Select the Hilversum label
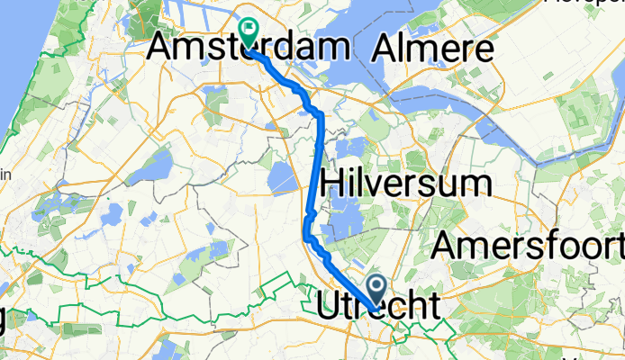[x=406, y=184]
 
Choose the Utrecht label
[x=381, y=306]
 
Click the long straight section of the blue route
[x=316, y=162]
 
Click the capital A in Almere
[x=389, y=47]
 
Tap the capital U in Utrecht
[x=329, y=306]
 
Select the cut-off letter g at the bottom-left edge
[x=5, y=319]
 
